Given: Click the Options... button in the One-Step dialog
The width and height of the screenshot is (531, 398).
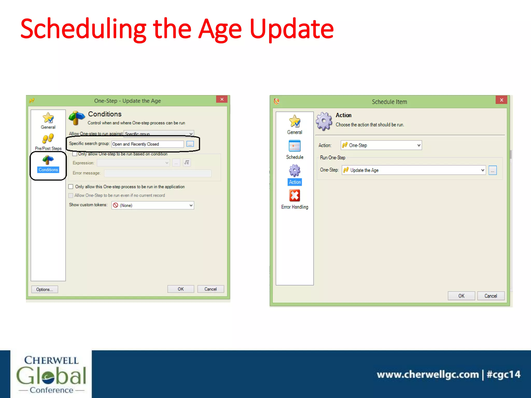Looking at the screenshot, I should click(x=45, y=289).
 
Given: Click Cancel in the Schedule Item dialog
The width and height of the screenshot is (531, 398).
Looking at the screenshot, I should click(x=491, y=296).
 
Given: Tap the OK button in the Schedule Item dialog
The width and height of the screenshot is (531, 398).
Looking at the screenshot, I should click(x=461, y=296).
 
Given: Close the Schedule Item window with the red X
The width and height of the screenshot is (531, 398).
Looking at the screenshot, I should click(x=501, y=100).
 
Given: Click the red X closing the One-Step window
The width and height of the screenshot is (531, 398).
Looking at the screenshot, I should click(x=222, y=99).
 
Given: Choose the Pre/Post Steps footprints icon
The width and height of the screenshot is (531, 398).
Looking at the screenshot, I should click(x=48, y=139).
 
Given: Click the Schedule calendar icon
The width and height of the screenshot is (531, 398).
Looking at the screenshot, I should click(x=295, y=146).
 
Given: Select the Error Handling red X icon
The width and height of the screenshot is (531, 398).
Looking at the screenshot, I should click(x=295, y=196).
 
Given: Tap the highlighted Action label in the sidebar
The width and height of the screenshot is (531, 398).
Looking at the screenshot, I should click(x=295, y=182).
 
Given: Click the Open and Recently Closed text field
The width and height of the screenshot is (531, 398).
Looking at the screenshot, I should click(x=147, y=144).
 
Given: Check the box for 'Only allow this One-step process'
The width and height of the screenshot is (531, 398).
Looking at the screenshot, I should click(x=71, y=187).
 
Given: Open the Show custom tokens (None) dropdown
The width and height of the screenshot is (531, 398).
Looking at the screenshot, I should click(x=153, y=205).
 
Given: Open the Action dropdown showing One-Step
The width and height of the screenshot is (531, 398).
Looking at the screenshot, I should click(x=381, y=145).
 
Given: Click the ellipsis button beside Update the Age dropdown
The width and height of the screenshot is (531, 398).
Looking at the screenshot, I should click(x=492, y=170).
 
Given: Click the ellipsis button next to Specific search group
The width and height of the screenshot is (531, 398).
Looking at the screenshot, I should click(x=190, y=144).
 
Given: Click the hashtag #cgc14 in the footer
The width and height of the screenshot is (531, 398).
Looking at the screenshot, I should click(x=504, y=374).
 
